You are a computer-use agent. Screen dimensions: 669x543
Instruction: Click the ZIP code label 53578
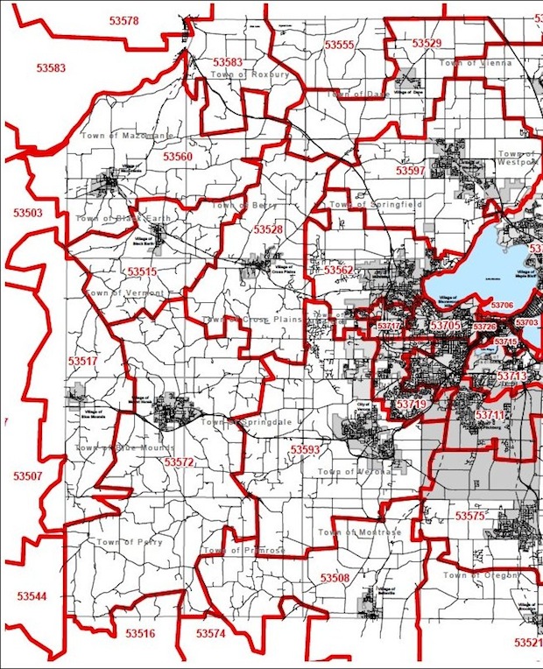(x=120, y=20)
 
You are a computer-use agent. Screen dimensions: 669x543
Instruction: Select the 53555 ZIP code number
(x=339, y=44)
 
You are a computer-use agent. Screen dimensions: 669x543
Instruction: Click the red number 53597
(x=410, y=170)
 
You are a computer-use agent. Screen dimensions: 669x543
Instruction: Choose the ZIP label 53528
(x=268, y=229)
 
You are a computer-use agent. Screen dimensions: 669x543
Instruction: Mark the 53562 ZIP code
(x=338, y=271)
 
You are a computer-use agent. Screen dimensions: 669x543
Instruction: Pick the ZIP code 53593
(x=306, y=449)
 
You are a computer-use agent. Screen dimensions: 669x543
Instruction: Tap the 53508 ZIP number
(x=335, y=578)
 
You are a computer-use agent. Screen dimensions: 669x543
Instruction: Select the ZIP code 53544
(x=31, y=595)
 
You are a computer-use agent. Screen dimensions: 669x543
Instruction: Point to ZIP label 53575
(x=469, y=516)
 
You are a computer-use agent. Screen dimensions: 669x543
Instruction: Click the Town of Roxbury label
(x=249, y=75)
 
